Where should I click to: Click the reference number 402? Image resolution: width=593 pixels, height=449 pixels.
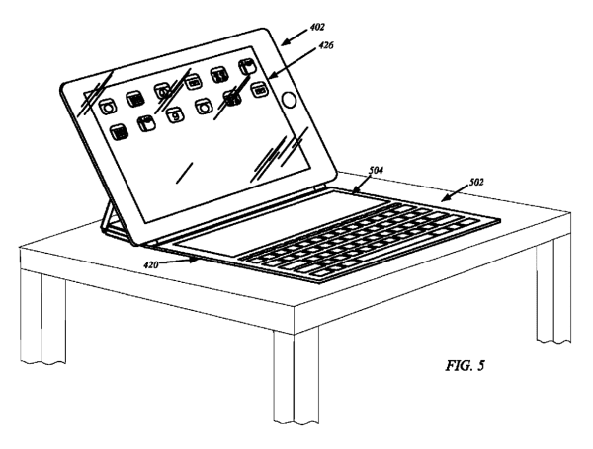[x=317, y=27]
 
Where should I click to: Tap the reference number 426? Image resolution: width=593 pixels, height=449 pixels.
[x=326, y=45]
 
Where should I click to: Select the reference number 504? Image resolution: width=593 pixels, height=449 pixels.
[x=376, y=171]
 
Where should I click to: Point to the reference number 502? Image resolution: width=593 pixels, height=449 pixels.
[x=476, y=183]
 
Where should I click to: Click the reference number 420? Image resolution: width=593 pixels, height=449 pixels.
[x=151, y=265]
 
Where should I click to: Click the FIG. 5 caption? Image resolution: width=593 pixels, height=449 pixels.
[x=465, y=365]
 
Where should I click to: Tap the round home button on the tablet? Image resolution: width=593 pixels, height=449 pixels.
[x=289, y=100]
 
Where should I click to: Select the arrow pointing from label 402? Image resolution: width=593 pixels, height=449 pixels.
[x=295, y=37]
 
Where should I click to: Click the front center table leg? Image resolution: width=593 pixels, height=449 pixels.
[x=296, y=378]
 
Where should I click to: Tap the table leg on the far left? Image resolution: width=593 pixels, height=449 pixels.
[x=42, y=317]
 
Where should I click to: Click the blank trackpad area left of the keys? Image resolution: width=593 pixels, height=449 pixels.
[x=281, y=223]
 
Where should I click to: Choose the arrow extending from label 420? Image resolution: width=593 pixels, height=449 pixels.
[x=179, y=262]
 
